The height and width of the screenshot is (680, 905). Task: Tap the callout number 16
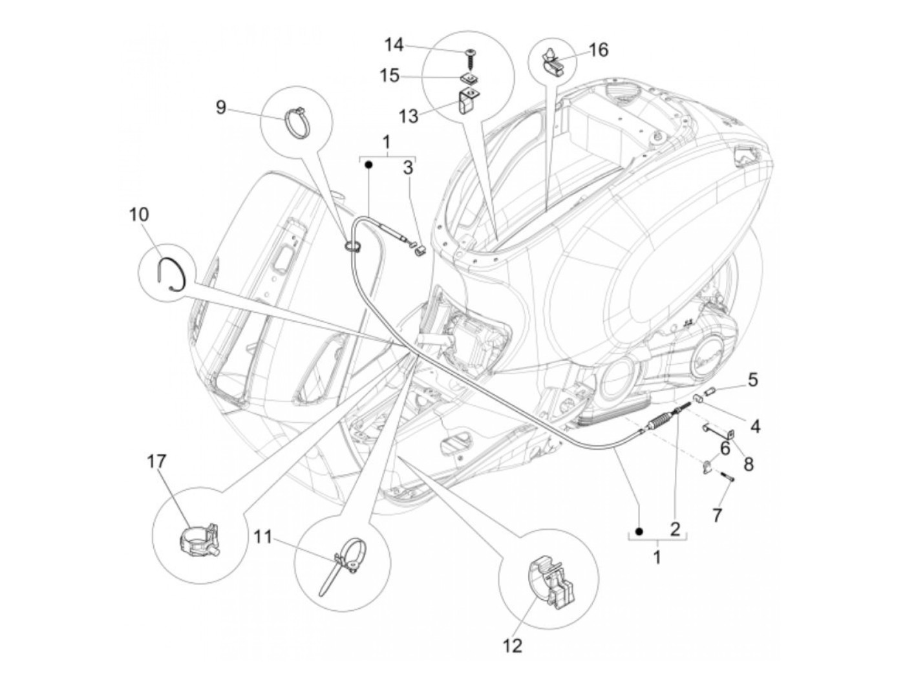pyautogui.click(x=599, y=50)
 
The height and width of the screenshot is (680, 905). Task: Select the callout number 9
pyautogui.click(x=221, y=107)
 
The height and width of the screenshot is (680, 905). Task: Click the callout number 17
pyautogui.click(x=156, y=462)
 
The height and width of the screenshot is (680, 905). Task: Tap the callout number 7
pyautogui.click(x=717, y=515)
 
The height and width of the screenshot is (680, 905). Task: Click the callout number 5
pyautogui.click(x=752, y=379)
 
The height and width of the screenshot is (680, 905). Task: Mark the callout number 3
pyautogui.click(x=407, y=168)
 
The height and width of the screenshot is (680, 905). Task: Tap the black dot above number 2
pyautogui.click(x=639, y=531)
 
